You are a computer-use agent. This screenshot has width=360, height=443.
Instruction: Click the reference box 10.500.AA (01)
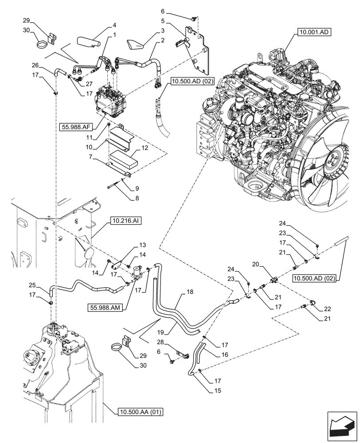(141, 412)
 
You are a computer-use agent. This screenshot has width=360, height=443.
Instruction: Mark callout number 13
(142, 245)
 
